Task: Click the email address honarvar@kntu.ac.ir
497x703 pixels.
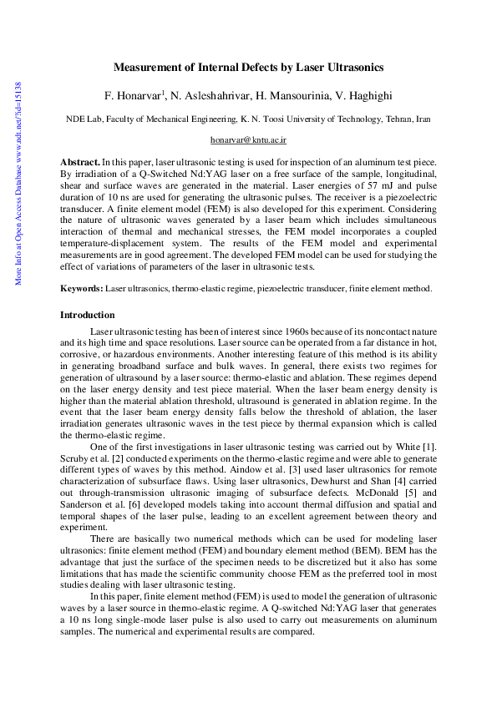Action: point(248,143)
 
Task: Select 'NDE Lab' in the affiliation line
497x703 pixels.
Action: point(84,119)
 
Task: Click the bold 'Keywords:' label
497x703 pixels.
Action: point(82,288)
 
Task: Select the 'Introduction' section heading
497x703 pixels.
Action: point(88,315)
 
